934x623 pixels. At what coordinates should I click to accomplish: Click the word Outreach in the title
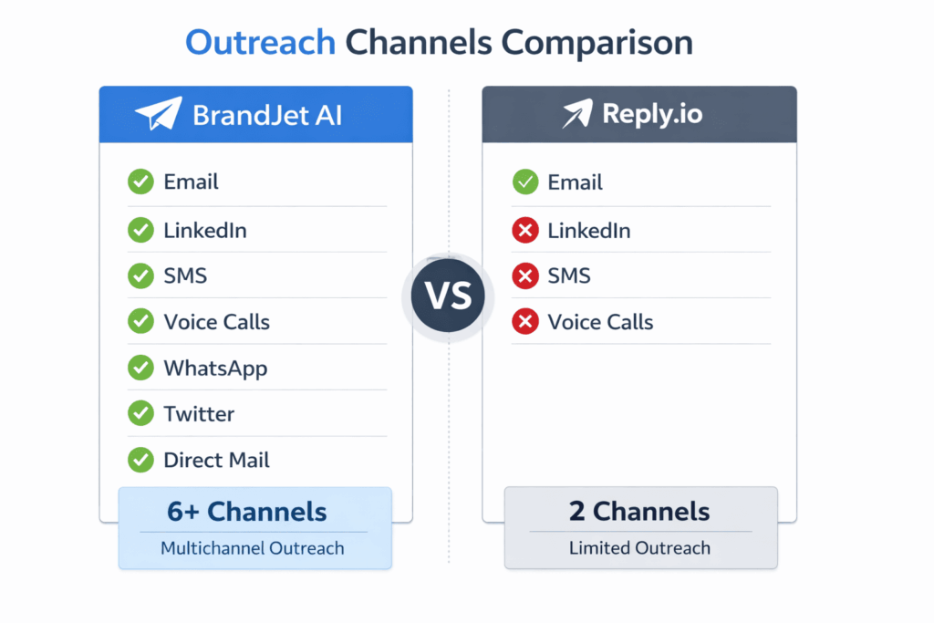pyautogui.click(x=259, y=42)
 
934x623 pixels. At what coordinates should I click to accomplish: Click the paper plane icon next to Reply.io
pyautogui.click(x=576, y=114)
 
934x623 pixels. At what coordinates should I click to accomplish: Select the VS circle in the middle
pyautogui.click(x=448, y=296)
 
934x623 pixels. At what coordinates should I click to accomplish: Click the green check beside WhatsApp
pyautogui.click(x=140, y=368)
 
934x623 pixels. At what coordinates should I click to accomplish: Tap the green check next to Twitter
pyautogui.click(x=140, y=413)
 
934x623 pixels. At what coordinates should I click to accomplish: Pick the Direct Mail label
pyautogui.click(x=216, y=460)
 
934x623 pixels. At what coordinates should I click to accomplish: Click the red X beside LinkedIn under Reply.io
pyautogui.click(x=524, y=231)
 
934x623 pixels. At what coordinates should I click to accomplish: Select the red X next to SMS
pyautogui.click(x=524, y=275)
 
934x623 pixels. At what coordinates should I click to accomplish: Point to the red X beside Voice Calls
pyautogui.click(x=524, y=321)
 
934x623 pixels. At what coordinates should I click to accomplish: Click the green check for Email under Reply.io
pyautogui.click(x=524, y=182)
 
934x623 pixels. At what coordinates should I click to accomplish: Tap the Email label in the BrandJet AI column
pyautogui.click(x=191, y=182)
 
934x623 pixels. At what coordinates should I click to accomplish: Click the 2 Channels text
pyautogui.click(x=639, y=511)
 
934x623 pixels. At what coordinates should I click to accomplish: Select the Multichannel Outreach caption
pyautogui.click(x=253, y=548)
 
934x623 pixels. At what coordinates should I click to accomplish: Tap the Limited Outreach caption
pyautogui.click(x=639, y=548)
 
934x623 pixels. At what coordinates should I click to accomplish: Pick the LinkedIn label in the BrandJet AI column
pyautogui.click(x=204, y=231)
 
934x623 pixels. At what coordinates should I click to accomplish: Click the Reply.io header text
pyautogui.click(x=652, y=115)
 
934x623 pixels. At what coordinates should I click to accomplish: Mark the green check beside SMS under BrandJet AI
pyautogui.click(x=140, y=275)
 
